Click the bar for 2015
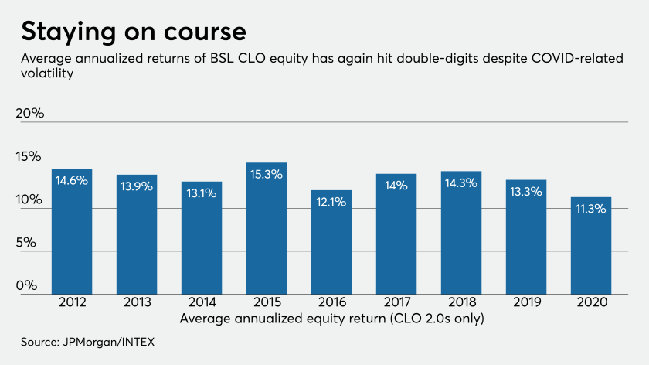point(267,229)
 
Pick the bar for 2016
point(331,242)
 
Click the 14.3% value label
point(461,184)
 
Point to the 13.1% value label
point(202,194)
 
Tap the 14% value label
point(396,186)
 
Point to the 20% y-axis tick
point(30,114)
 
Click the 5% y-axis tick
point(27,243)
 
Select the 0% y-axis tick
point(27,285)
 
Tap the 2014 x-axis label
point(202,303)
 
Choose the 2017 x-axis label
point(396,303)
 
